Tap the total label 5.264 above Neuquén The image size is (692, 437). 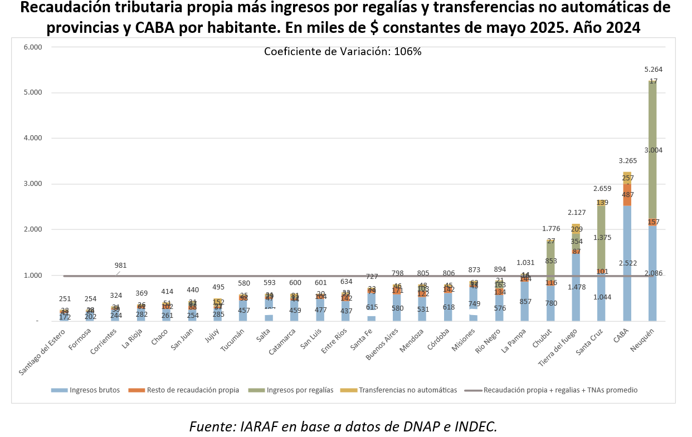(653, 70)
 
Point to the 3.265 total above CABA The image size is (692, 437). (627, 161)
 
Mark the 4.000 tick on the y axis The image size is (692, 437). (33, 138)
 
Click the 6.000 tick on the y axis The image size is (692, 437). (33, 47)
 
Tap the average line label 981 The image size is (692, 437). (121, 265)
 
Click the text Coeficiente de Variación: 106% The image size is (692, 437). (343, 52)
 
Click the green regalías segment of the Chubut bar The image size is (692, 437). (550, 262)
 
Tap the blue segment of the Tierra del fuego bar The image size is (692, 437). (576, 295)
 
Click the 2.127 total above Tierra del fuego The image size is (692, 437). (576, 212)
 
